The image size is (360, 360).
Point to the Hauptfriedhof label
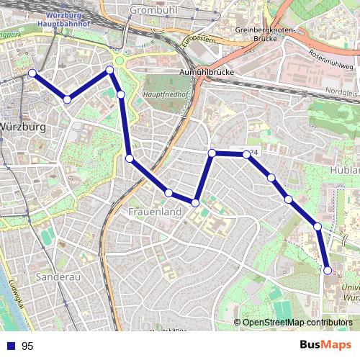(x=164, y=95)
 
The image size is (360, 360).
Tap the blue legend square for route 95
(x=10, y=346)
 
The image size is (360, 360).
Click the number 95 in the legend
(x=27, y=346)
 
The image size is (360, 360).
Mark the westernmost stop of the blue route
(x=32, y=73)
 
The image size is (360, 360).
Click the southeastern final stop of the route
(x=328, y=271)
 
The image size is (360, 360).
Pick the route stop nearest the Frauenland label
(x=168, y=193)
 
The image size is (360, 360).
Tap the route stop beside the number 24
(x=246, y=154)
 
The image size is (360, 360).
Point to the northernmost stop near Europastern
(x=110, y=70)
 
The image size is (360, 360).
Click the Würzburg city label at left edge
(x=23, y=127)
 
